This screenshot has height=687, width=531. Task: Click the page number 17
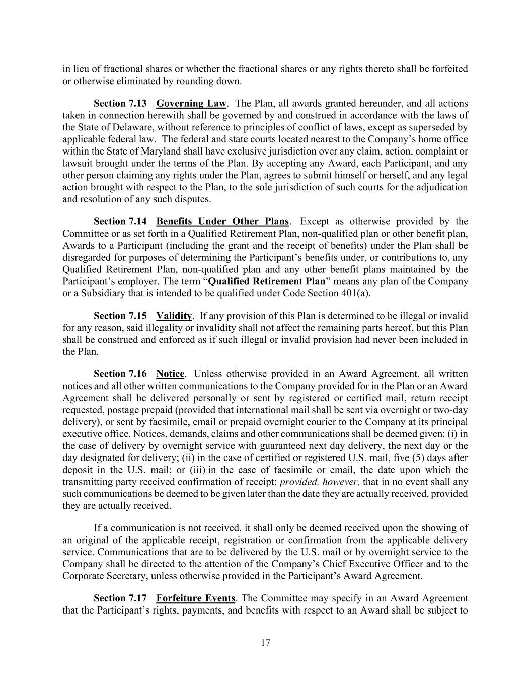click(265, 643)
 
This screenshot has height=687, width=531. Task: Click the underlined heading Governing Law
click(191, 103)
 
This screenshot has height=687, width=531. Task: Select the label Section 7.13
click(120, 103)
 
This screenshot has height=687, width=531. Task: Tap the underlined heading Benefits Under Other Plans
click(222, 221)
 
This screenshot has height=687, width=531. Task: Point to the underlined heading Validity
click(174, 316)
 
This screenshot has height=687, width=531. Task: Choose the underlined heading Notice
click(171, 374)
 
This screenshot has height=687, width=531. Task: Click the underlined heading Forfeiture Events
click(196, 598)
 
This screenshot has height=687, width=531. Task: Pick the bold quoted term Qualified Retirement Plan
click(267, 281)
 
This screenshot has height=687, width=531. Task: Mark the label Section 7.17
click(120, 598)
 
